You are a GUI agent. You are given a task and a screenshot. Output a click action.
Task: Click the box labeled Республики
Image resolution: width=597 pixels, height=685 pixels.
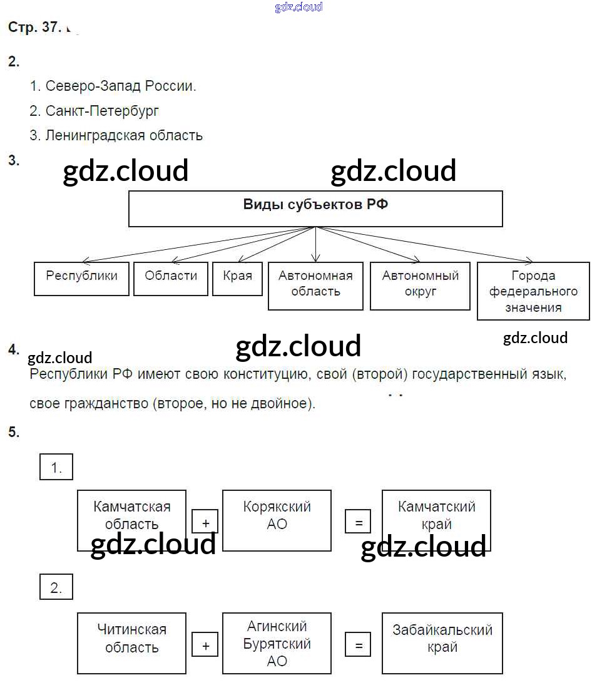81,279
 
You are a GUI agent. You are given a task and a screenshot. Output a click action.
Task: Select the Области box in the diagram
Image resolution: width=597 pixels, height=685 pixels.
171,279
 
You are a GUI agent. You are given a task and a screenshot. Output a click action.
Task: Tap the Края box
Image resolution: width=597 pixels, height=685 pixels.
237,279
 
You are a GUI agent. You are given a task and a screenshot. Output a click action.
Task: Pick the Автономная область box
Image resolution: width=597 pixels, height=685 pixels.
315,286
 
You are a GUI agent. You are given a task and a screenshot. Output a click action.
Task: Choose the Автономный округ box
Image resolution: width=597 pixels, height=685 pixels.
420,286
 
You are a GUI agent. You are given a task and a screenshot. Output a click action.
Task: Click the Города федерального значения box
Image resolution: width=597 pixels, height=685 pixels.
533,291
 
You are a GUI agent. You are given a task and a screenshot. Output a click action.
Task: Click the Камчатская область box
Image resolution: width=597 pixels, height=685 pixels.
131,520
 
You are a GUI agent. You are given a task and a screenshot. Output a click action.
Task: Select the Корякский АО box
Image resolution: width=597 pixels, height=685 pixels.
277,520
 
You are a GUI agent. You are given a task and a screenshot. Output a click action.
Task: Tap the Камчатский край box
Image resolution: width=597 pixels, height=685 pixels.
436,520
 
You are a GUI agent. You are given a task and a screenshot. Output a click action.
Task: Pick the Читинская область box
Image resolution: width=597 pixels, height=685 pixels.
131,642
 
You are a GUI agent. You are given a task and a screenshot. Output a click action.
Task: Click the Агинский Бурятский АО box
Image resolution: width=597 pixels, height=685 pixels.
277,642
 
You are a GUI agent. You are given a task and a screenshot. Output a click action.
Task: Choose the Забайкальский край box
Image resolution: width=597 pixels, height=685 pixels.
442,642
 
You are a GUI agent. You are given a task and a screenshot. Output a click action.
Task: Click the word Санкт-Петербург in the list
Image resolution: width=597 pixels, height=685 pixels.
102,111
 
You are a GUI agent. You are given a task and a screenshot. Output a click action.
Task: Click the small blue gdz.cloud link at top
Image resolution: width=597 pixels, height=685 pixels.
298,8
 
